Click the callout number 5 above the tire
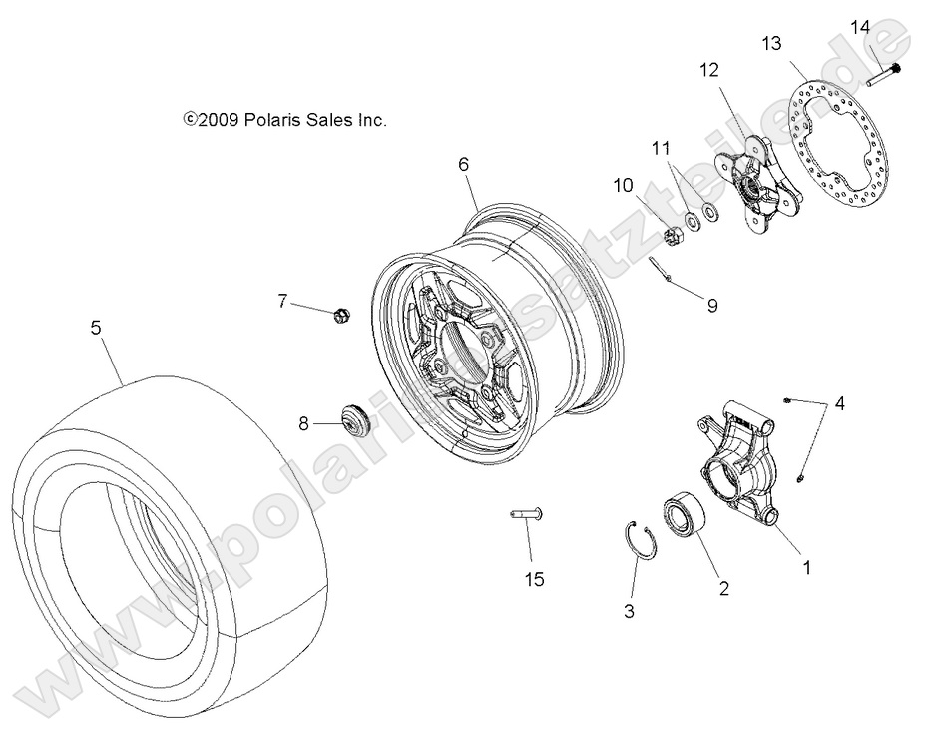(95, 326)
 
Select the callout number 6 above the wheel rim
(464, 166)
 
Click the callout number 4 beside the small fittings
(840, 404)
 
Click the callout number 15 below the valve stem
(534, 579)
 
